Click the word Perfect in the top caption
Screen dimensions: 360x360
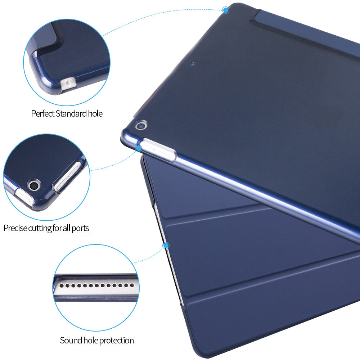(x=43, y=113)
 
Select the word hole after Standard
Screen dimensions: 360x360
(x=95, y=113)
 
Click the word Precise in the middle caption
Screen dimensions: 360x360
(x=15, y=228)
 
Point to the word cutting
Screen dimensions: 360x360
(x=40, y=229)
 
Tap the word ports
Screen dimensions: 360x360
(x=80, y=229)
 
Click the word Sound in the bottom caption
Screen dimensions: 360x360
(x=71, y=340)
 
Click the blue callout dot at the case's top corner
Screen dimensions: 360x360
(x=226, y=10)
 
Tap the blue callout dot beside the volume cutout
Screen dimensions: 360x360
(x=139, y=148)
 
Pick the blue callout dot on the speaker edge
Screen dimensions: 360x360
(x=166, y=246)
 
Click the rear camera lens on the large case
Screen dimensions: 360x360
(x=141, y=125)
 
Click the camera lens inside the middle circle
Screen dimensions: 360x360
(x=34, y=185)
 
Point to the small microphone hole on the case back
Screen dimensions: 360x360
(x=192, y=63)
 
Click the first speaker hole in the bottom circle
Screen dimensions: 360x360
(x=62, y=285)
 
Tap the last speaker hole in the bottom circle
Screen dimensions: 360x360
(x=132, y=285)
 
